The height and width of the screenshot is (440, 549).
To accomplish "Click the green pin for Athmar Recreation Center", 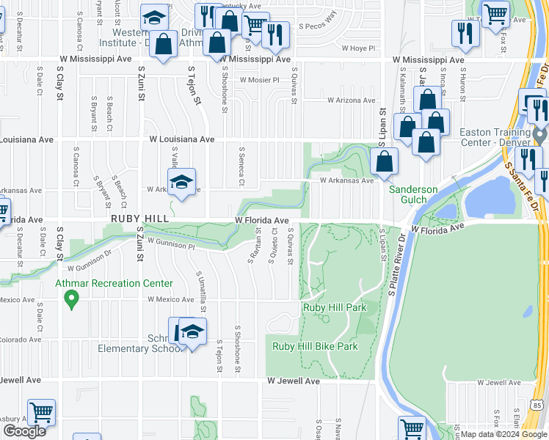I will click(71, 299).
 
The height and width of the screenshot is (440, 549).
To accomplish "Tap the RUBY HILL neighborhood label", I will click(140, 219).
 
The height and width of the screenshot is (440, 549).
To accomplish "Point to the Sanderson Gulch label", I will click(413, 195).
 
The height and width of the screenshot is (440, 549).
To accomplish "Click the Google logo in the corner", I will click(24, 431).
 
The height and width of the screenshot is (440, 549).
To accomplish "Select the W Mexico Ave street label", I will click(173, 300).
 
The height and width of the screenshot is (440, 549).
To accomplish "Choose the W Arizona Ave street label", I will click(351, 100).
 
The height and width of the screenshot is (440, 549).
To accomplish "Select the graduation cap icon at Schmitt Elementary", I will click(192, 332).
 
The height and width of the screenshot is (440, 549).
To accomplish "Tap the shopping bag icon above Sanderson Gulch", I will click(384, 161).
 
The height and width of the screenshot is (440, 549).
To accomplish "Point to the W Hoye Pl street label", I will click(359, 48).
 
